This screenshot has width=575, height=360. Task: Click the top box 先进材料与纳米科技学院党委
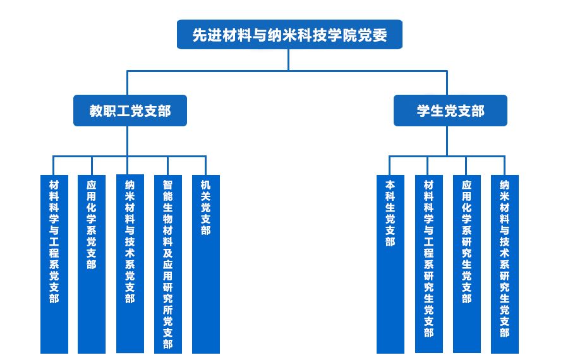pyautogui.click(x=289, y=35)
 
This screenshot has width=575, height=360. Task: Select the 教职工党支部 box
pyautogui.click(x=130, y=111)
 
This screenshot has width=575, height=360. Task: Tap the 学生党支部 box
pyautogui.click(x=451, y=111)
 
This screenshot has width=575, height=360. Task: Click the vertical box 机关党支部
pyautogui.click(x=205, y=264)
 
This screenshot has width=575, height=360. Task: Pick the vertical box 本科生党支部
pyautogui.click(x=390, y=264)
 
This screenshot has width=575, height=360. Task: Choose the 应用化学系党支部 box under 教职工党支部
pyautogui.click(x=92, y=264)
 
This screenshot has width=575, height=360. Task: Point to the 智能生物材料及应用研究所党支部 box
pyautogui.click(x=167, y=264)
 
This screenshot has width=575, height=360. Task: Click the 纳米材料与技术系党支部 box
pyautogui.click(x=130, y=264)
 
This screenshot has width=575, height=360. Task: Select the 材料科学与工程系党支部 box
pyautogui.click(x=54, y=264)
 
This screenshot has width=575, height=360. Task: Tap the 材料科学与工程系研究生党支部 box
pyautogui.click(x=428, y=264)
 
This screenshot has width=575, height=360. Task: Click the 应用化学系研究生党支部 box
pyautogui.click(x=466, y=264)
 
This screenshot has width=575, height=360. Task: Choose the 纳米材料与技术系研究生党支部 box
pyautogui.click(x=504, y=264)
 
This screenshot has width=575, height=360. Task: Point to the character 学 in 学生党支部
pyautogui.click(x=423, y=111)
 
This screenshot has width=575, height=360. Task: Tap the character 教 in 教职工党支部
pyautogui.click(x=95, y=111)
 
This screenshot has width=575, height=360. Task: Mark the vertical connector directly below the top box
pyautogui.click(x=289, y=59)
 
